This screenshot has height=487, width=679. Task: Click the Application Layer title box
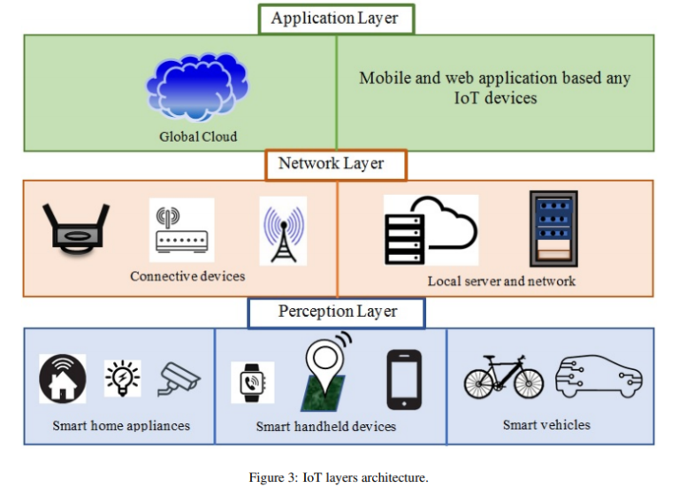pyautogui.click(x=335, y=19)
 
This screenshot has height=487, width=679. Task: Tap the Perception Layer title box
pyautogui.click(x=336, y=312)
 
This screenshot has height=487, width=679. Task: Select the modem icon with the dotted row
pyautogui.click(x=181, y=231)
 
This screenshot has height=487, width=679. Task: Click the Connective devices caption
pyautogui.click(x=187, y=276)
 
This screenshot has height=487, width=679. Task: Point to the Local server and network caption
pyautogui.click(x=501, y=281)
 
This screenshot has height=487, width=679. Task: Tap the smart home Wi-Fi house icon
pyautogui.click(x=63, y=378)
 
